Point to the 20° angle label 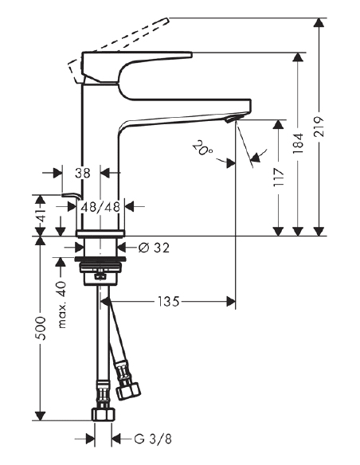[x=203, y=147]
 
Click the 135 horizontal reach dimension [x=166, y=302]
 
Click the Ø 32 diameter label [x=155, y=248]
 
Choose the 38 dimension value [x=82, y=171]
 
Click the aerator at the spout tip [x=230, y=119]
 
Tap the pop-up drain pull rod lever [x=72, y=196]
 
